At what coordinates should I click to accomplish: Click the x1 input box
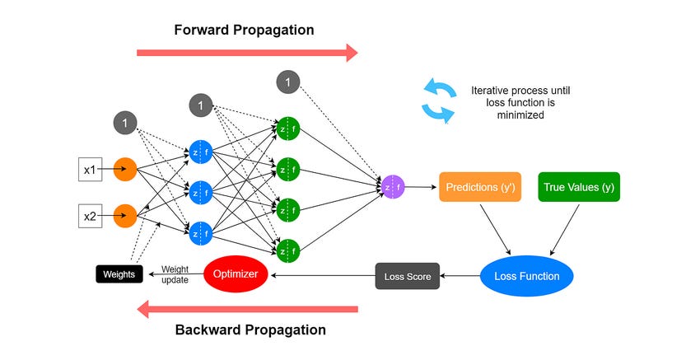[x=91, y=169]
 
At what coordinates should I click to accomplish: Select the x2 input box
[x=91, y=216]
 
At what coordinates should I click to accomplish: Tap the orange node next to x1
[x=125, y=169]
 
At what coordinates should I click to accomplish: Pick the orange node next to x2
[x=125, y=216]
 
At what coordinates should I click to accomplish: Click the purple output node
[x=393, y=187]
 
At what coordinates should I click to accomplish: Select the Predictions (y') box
[x=480, y=187]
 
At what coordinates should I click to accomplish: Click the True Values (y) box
[x=579, y=187]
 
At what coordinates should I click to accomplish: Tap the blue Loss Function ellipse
[x=527, y=276]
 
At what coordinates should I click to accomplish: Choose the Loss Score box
[x=408, y=276]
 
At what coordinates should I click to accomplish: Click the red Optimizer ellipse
[x=236, y=274]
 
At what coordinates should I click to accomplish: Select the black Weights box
[x=119, y=274]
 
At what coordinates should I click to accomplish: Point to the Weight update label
[x=175, y=274]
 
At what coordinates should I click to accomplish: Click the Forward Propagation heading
[x=245, y=30]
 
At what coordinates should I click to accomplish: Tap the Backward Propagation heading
[x=250, y=330]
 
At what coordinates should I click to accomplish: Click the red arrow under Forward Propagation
[x=247, y=53]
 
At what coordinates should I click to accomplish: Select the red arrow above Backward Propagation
[x=247, y=309]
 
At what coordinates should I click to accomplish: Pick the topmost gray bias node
[x=288, y=82]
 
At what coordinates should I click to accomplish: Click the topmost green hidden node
[x=288, y=129]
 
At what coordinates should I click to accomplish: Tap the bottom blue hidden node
[x=200, y=234]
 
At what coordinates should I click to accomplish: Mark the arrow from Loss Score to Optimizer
[x=323, y=276]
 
